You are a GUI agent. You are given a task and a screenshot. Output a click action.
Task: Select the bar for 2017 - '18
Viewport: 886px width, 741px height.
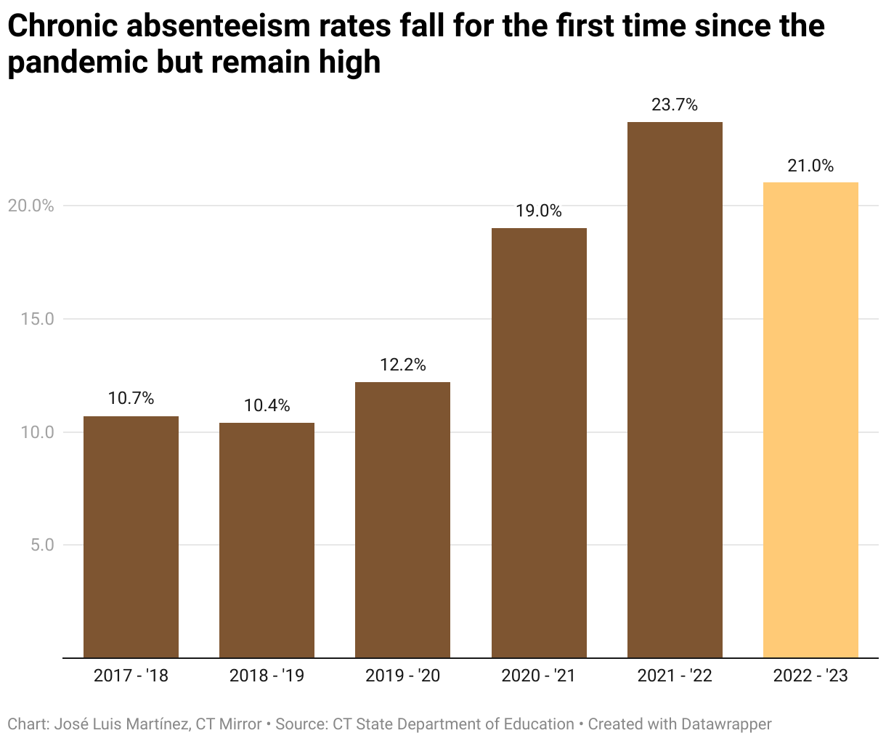point(131,537)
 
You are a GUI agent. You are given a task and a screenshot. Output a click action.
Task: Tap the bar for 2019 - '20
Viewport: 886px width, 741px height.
point(402,519)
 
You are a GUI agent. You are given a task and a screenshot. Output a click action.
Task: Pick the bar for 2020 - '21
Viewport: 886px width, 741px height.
point(539,442)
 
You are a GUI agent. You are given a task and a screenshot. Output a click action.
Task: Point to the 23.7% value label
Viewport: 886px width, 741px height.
point(675,105)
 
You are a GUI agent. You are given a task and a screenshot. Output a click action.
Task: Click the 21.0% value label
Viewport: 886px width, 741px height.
point(810,166)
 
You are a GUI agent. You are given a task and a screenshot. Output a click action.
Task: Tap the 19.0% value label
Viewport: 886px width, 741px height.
point(539,211)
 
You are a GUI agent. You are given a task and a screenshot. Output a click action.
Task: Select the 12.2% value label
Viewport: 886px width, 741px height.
point(402,365)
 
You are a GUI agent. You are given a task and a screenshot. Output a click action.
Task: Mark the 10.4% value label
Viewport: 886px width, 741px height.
point(267,406)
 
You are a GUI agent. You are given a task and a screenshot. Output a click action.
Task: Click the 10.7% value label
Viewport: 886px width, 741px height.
point(131,399)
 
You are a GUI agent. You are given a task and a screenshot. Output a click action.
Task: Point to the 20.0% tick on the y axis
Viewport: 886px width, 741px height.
point(31,206)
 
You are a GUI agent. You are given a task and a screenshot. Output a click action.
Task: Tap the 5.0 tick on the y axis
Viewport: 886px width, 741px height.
point(42,545)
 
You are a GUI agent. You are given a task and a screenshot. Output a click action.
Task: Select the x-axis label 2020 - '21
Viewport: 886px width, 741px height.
point(538,676)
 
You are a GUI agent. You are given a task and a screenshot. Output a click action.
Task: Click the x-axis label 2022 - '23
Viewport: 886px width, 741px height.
point(810,676)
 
